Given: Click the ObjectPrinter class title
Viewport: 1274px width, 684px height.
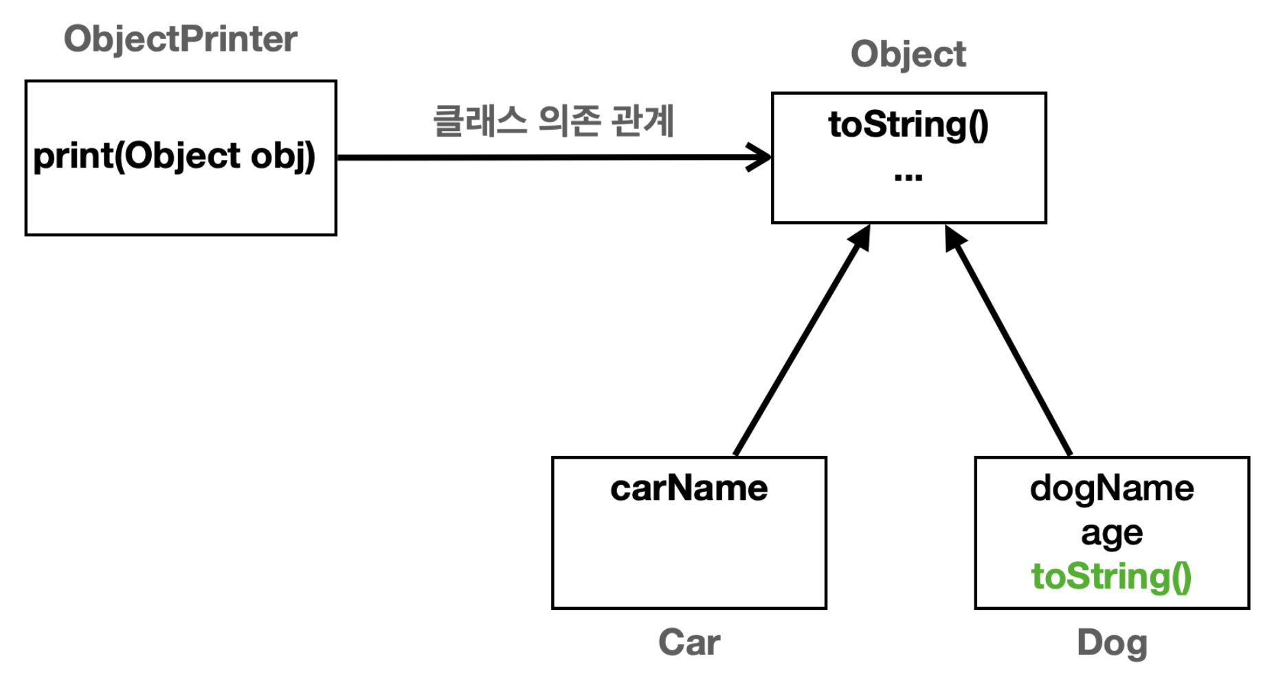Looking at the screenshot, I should [180, 39].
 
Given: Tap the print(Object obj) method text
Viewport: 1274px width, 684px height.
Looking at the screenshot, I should [174, 156].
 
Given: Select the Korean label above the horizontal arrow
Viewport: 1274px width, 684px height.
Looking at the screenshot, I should [553, 121].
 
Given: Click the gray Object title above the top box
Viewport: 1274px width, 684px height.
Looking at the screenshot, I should [908, 54].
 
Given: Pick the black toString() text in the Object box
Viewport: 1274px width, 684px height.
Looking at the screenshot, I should [908, 125].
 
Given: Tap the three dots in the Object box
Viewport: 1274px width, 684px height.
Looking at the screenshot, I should [908, 177].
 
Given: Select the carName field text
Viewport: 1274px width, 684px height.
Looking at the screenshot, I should [689, 489].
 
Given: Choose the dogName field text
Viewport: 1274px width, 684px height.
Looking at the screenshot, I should [1111, 489].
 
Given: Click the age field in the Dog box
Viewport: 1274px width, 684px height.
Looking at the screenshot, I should [1111, 533].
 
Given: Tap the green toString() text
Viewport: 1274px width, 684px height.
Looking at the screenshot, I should [1111, 576].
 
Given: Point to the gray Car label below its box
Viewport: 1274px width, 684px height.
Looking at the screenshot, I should [689, 643].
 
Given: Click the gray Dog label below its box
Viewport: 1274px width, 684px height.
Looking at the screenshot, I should [1111, 643].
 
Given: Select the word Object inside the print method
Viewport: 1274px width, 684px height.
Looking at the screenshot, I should [183, 156].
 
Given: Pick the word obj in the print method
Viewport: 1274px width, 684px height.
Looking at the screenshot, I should [276, 156].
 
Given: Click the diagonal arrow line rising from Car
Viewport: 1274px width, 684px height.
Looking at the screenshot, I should [797, 347].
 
